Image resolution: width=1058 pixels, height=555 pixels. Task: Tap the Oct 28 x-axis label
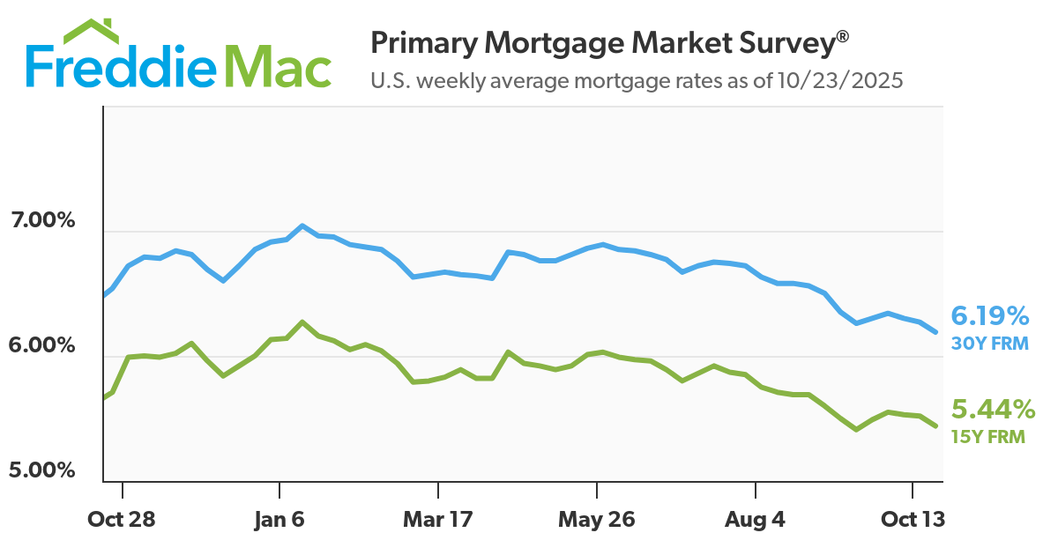point(122,519)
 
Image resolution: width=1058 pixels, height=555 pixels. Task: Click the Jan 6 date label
point(279,519)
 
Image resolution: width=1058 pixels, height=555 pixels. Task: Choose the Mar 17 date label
point(437,519)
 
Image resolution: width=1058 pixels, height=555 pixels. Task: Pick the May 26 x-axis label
point(597,519)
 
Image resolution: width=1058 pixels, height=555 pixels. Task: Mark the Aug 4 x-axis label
point(755,519)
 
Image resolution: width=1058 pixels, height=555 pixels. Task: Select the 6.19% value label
point(990,315)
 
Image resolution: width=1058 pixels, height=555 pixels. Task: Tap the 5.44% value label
point(992,409)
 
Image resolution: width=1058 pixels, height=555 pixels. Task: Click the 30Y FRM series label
point(989,343)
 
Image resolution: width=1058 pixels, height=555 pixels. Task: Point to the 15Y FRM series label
point(988,435)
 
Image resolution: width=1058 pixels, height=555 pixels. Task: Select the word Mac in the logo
point(278,66)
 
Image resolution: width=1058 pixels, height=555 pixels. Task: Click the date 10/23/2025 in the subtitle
point(842,81)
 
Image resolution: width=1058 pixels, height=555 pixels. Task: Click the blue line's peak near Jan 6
point(302,226)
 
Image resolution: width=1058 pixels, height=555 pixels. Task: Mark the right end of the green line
point(935,426)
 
